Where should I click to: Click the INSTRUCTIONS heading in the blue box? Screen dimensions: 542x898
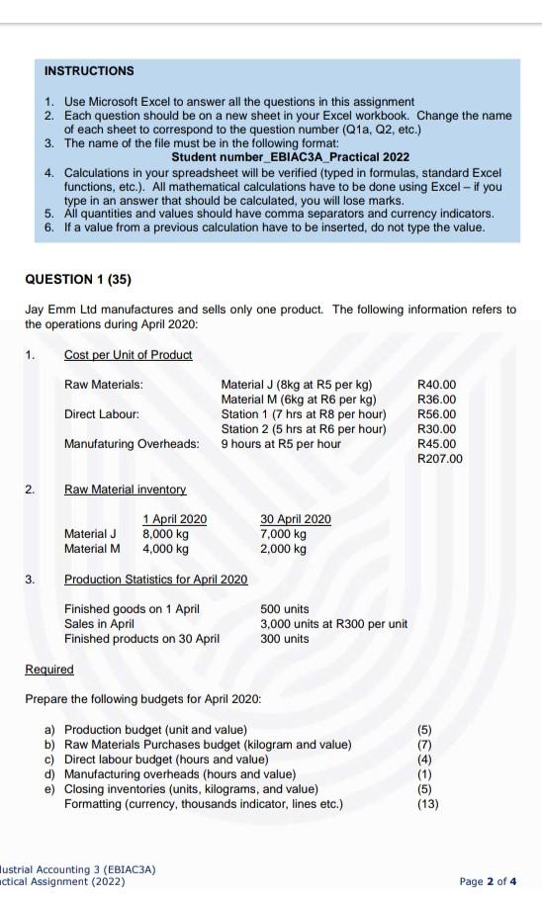point(89,71)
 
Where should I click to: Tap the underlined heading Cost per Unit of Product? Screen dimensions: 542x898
point(128,354)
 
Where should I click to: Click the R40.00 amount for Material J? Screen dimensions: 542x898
point(437,384)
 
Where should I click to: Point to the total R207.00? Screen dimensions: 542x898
point(440,459)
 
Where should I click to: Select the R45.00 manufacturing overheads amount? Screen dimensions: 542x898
point(437,444)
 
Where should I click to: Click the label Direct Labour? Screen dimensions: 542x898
point(102,413)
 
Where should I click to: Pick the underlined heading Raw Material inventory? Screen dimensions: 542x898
point(125,490)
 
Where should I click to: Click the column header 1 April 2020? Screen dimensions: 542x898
point(175,519)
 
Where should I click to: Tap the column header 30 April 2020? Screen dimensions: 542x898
point(296,519)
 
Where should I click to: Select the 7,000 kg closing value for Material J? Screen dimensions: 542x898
point(283,534)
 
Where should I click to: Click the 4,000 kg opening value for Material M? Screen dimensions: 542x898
point(165,549)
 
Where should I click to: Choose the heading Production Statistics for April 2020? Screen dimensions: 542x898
point(155,579)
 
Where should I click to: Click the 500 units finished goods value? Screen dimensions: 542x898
point(285,609)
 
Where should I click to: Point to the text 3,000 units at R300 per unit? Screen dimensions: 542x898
point(333,624)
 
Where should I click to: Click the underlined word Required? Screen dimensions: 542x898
point(49,670)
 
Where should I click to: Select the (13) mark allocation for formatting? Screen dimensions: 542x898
point(426,804)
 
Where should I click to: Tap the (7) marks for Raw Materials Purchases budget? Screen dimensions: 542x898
point(426,744)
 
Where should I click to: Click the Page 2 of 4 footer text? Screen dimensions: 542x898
point(488,880)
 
